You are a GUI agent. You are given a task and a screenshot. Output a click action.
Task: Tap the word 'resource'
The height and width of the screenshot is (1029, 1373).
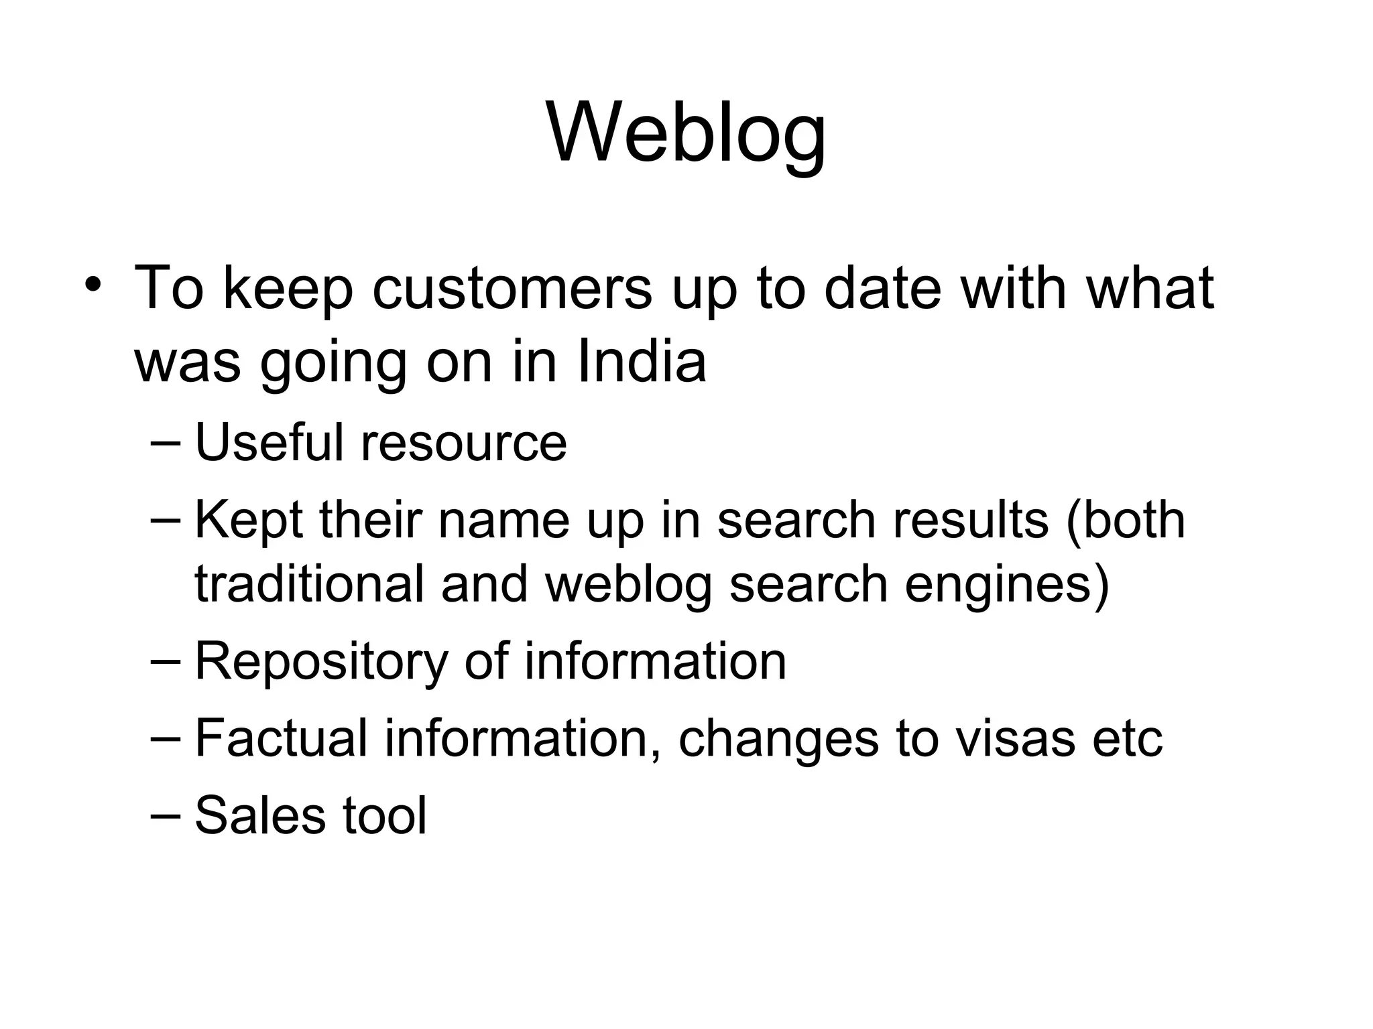(464, 443)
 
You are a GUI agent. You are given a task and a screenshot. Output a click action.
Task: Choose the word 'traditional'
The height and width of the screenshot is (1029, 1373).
(310, 584)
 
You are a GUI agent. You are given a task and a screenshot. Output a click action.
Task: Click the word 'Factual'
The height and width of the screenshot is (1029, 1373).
(282, 738)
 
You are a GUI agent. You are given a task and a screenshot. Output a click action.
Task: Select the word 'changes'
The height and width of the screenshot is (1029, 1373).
(778, 739)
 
